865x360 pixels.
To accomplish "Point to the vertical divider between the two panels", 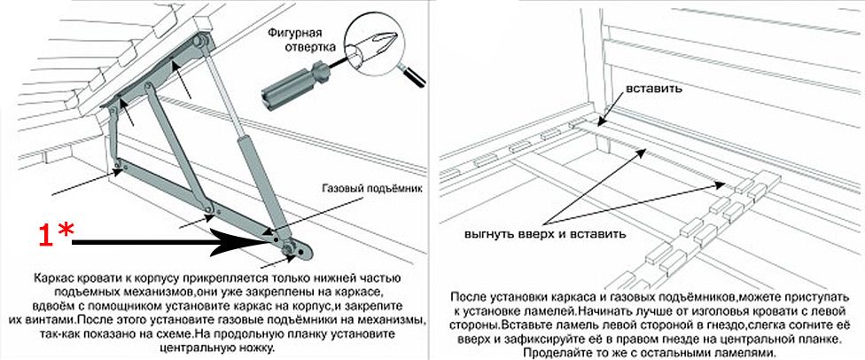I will tap(432, 177).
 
